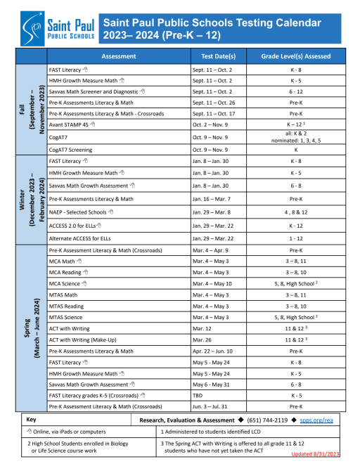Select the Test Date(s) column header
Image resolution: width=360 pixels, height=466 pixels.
tap(217, 56)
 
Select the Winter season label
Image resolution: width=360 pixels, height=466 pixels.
tap(31, 202)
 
